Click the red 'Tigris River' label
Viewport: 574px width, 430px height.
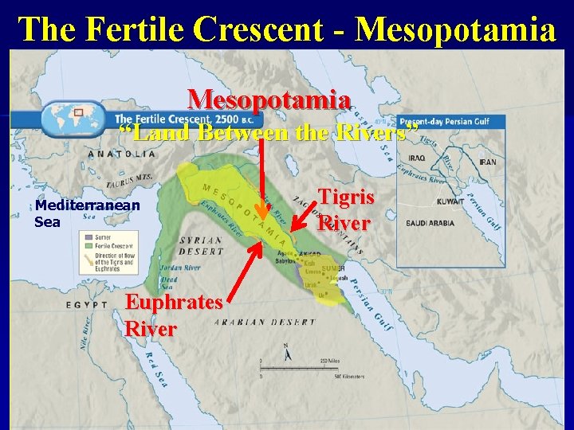(x=344, y=209)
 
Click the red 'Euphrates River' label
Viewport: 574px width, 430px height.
(x=174, y=315)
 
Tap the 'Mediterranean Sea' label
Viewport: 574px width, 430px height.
(x=87, y=213)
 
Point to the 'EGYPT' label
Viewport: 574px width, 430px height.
(x=87, y=304)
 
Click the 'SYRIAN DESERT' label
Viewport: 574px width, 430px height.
(x=201, y=244)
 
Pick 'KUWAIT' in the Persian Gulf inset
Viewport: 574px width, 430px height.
(x=450, y=201)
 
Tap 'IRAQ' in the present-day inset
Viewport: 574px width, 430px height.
(x=418, y=158)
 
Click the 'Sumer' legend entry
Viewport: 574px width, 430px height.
(x=103, y=237)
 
